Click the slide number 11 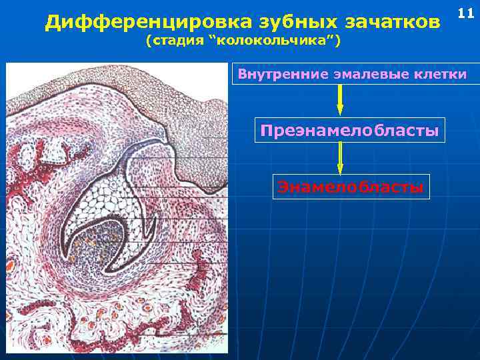(465, 14)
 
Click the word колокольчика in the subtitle (273, 42)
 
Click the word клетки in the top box (441, 73)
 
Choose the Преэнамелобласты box (349, 130)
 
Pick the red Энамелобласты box (349, 187)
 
